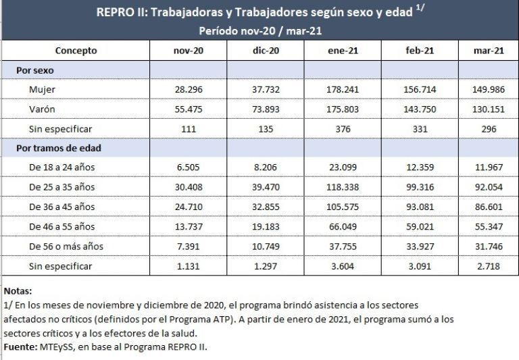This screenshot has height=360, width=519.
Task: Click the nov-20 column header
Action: [189, 51]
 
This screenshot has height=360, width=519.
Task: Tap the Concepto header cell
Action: [76, 51]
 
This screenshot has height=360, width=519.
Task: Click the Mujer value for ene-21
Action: [343, 89]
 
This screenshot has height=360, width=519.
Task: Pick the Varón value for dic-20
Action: [266, 108]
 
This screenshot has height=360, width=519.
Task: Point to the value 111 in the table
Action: [189, 128]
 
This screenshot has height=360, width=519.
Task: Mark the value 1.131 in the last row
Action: [189, 266]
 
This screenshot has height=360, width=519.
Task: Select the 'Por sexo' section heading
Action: [35, 70]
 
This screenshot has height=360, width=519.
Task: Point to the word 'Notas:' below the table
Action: [18, 291]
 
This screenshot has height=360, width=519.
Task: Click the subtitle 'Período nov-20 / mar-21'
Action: [259, 30]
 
